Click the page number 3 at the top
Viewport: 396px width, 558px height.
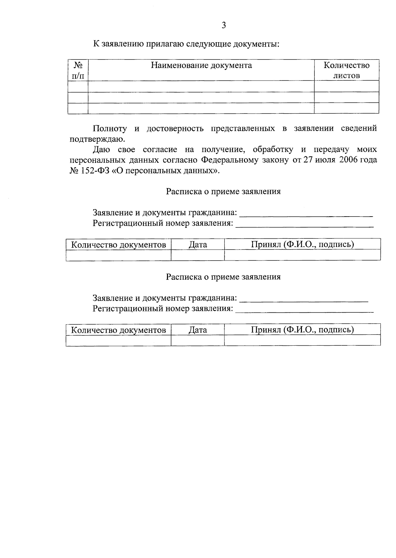(224, 25)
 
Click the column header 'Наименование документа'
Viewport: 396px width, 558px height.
(201, 65)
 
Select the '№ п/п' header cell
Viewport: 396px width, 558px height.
(78, 70)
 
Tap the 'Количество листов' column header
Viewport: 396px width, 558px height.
(346, 70)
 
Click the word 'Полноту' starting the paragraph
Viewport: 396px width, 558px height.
(110, 128)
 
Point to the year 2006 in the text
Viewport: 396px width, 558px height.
(343, 160)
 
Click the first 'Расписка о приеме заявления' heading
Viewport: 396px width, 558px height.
(223, 192)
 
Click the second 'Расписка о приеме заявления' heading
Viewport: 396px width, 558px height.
(223, 277)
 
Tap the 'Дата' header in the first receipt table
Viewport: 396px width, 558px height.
(198, 245)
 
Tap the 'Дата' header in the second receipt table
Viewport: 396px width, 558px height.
(198, 330)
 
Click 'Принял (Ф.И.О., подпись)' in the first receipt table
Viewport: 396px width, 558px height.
(302, 244)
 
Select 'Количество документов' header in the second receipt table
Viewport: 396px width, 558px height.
(118, 330)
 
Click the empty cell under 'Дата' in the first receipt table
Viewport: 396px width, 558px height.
(198, 255)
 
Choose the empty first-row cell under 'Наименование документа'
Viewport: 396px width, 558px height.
(201, 87)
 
